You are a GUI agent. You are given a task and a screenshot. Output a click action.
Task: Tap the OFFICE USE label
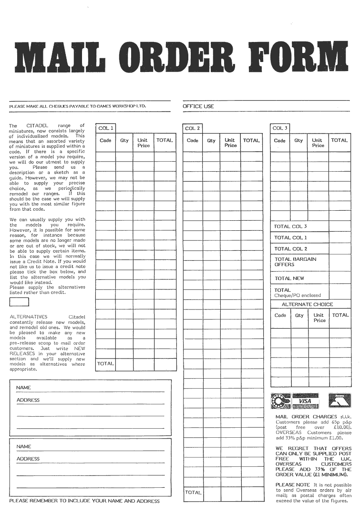[x=198, y=106]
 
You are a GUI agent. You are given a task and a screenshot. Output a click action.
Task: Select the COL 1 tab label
[x=105, y=128]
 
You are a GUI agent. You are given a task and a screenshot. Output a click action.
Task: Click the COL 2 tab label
[x=193, y=128]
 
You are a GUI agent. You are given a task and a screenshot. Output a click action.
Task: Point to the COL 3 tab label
[x=280, y=128]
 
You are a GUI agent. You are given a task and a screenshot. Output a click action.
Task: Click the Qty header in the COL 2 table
[x=211, y=141]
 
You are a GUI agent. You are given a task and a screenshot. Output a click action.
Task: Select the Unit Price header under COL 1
[x=143, y=143]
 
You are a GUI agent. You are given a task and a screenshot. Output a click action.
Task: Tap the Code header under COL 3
[x=280, y=141]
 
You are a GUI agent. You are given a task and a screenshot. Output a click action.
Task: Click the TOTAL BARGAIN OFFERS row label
[x=295, y=262]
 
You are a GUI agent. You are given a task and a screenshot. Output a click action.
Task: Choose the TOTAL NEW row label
[x=289, y=278]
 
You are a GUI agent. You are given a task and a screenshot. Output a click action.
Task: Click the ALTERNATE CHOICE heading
[x=307, y=304]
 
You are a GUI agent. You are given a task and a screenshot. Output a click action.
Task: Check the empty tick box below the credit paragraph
[x=19, y=302]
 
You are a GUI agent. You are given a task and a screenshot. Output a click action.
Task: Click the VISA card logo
[x=305, y=401]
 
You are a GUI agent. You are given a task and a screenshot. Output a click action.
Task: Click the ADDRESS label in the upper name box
[x=28, y=400]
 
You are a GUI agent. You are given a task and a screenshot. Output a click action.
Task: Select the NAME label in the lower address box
[x=24, y=446]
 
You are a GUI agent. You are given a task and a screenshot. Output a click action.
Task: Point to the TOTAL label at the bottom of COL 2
[x=193, y=493]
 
